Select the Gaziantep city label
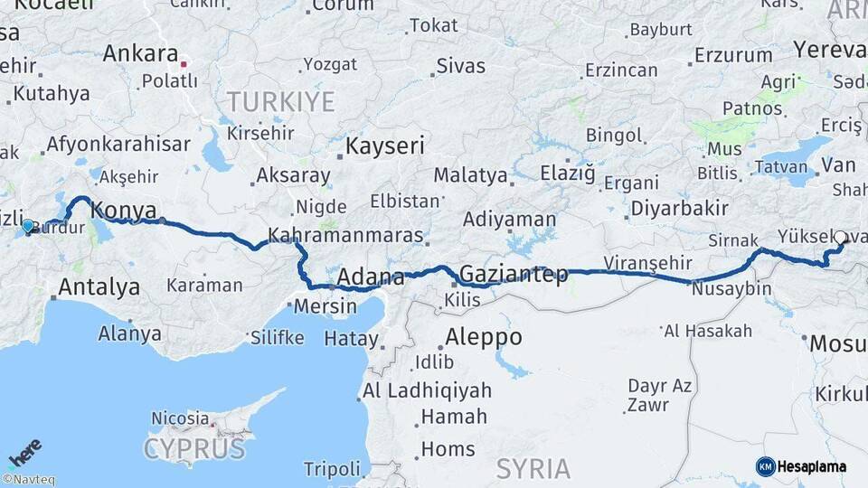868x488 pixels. click(x=514, y=273)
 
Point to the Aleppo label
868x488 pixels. click(x=483, y=337)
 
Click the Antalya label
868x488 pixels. click(x=99, y=287)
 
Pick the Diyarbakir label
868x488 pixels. click(x=679, y=208)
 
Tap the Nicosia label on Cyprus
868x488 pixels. click(x=180, y=418)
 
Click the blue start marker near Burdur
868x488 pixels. click(x=28, y=226)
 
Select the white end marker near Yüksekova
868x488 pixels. click(x=840, y=238)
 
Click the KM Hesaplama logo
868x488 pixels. click(x=801, y=466)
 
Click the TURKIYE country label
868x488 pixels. click(x=280, y=101)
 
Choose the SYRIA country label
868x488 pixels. click(x=533, y=468)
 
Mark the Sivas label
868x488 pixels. click(x=460, y=66)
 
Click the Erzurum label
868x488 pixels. click(x=732, y=55)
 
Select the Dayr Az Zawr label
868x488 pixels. click(x=660, y=396)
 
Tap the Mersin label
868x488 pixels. click(x=325, y=306)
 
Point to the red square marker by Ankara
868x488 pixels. click(x=184, y=64)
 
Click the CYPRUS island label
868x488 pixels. click(x=194, y=448)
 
